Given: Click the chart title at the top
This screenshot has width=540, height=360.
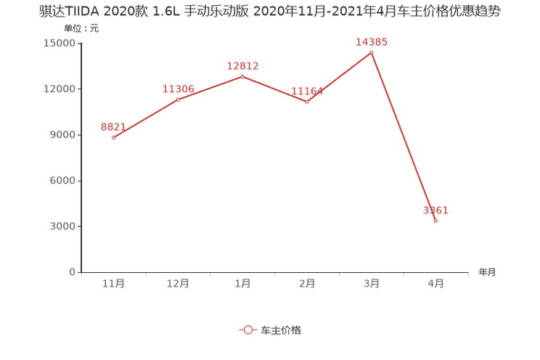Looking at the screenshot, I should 269,12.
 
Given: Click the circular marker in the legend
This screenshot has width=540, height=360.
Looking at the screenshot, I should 247,330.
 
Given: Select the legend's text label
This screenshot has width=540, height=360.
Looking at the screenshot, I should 280,330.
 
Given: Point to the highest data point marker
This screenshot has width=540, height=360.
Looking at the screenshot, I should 371,52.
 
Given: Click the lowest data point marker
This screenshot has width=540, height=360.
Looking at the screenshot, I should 435,221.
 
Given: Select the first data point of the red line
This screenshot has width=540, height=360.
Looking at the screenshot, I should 113,137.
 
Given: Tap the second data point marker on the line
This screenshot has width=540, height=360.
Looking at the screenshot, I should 178,99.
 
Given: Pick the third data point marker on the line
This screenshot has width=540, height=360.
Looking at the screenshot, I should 242,75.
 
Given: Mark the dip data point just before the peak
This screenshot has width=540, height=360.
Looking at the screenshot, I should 306,102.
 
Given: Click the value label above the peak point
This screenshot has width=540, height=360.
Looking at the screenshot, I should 372,41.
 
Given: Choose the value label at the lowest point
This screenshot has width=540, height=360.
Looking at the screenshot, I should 436,210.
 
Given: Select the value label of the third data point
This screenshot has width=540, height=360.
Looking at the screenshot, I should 242,66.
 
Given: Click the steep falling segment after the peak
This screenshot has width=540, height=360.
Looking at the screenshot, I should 404,136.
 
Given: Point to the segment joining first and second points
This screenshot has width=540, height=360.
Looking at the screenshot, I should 145,118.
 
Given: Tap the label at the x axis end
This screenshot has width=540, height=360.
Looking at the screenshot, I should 486,273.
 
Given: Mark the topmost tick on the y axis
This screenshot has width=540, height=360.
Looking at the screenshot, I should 79,43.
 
